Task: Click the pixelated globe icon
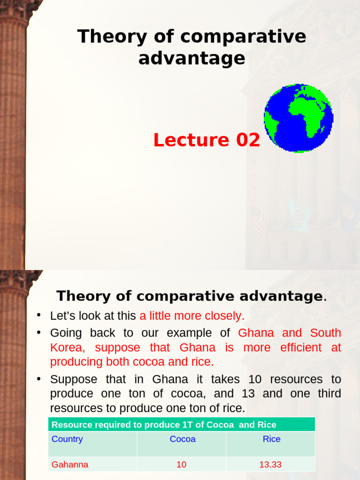(299, 118)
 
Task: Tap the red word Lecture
(190, 140)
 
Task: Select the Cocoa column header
(182, 439)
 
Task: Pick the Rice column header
(271, 439)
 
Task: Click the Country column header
(67, 439)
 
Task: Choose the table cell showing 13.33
(270, 465)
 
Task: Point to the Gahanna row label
(70, 465)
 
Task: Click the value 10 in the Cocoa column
(181, 465)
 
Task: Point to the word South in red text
(325, 333)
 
